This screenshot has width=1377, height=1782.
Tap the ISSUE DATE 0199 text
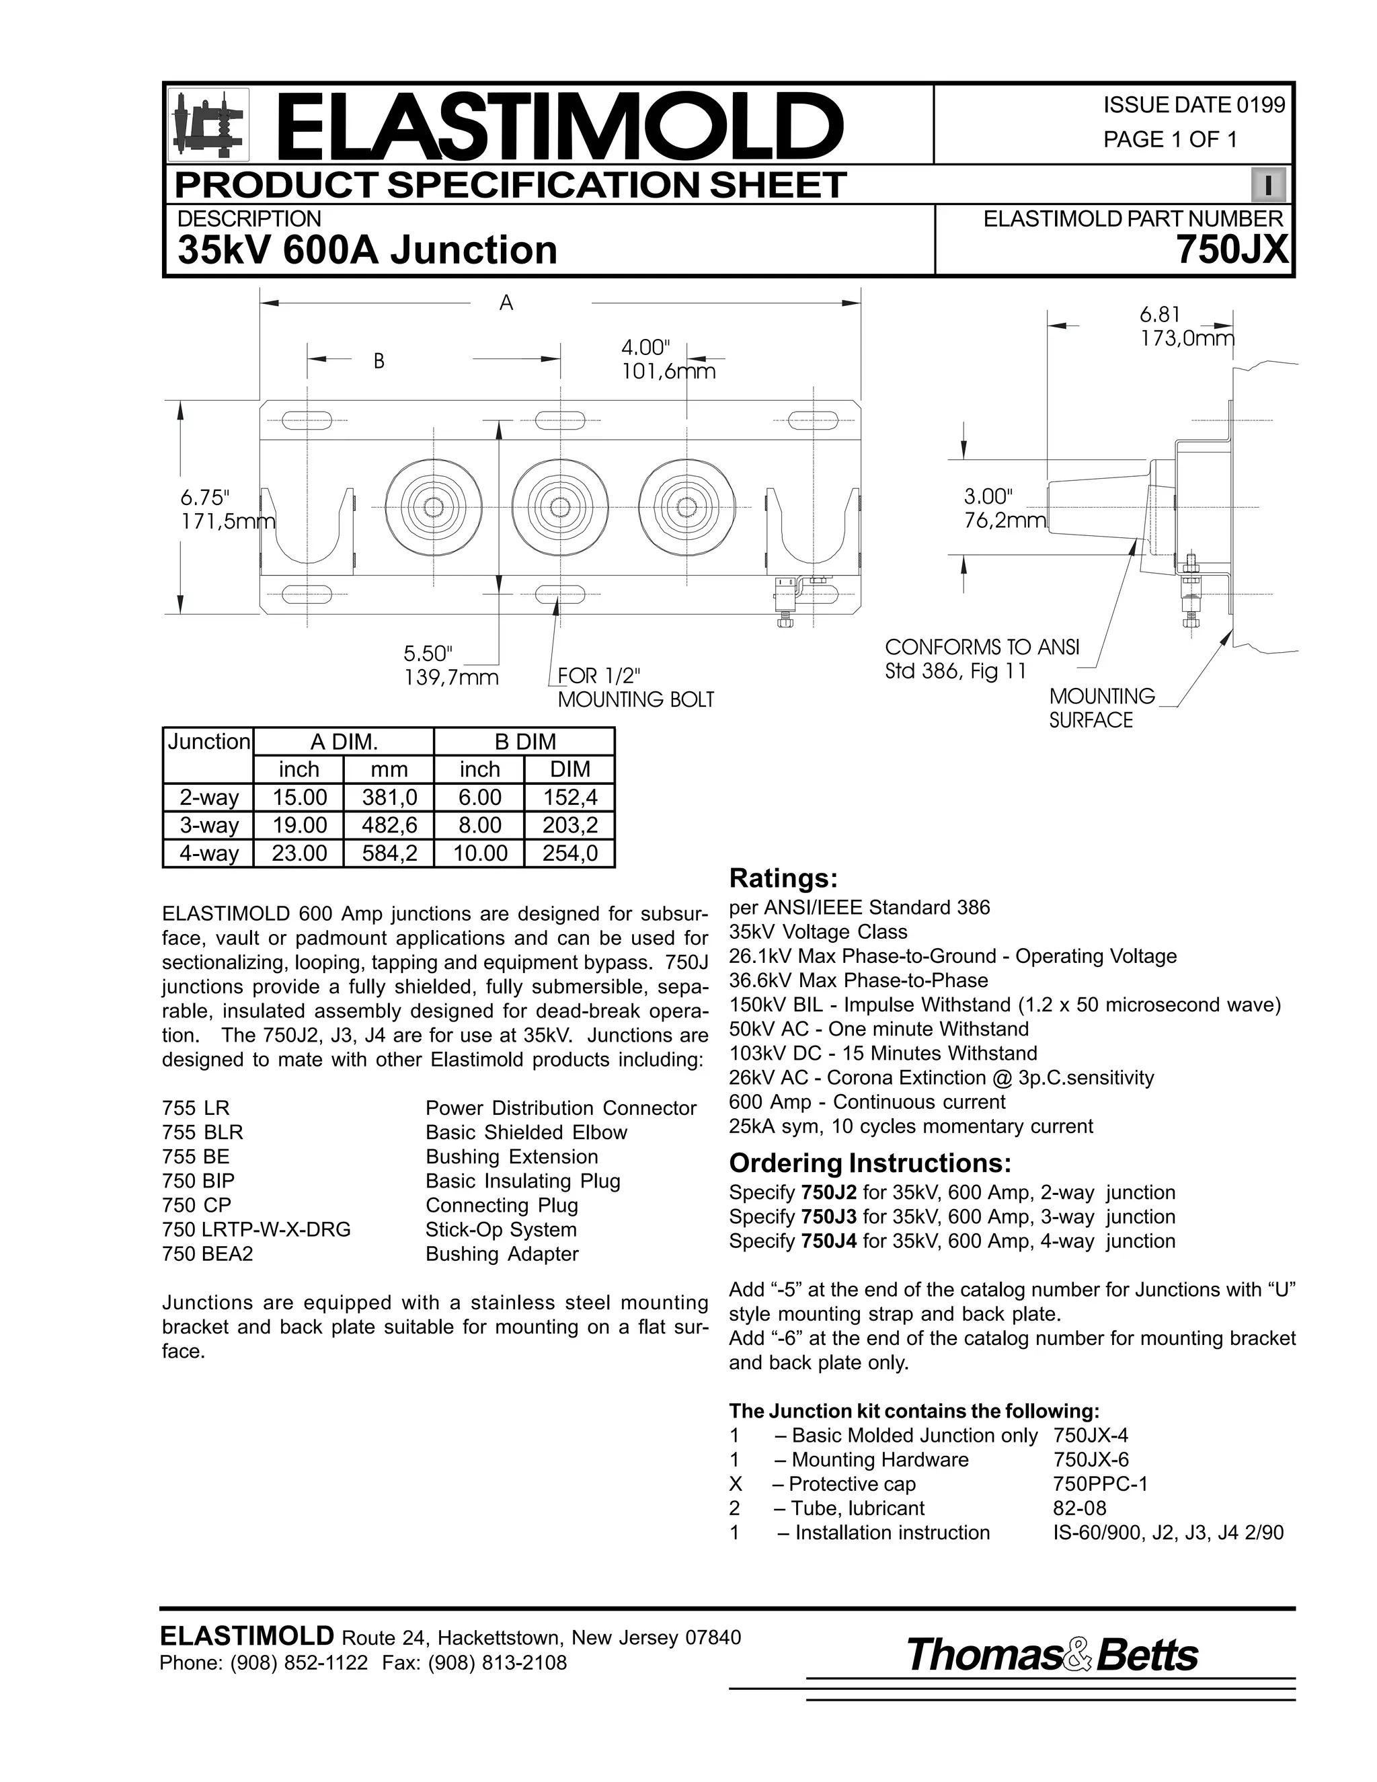(x=1193, y=106)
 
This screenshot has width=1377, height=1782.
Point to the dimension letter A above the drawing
(x=506, y=303)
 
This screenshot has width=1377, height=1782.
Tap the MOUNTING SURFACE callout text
(x=1101, y=708)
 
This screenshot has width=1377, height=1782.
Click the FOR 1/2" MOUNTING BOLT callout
(x=635, y=688)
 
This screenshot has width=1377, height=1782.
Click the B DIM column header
(x=524, y=742)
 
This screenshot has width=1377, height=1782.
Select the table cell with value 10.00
(x=479, y=853)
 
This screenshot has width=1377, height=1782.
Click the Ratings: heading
(x=783, y=878)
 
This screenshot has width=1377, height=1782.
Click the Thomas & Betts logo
(x=1052, y=1656)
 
